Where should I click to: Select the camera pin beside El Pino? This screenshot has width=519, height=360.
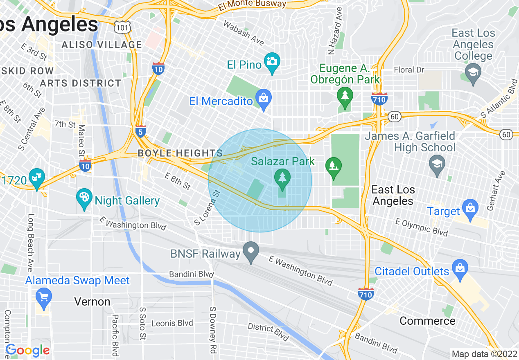[272, 63]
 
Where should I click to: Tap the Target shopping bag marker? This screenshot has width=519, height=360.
[470, 208]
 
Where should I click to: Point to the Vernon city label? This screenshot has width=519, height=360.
[92, 302]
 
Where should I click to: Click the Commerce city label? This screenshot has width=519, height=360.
[427, 321]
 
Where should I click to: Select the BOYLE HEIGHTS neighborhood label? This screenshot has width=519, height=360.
[180, 153]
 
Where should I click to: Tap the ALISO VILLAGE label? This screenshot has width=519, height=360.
[102, 45]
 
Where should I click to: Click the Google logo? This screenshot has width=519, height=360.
[27, 350]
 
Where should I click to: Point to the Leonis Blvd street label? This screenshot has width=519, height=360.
[172, 323]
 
